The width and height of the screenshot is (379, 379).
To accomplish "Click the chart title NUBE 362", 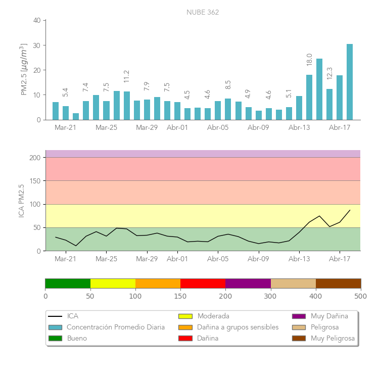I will click(x=203, y=12).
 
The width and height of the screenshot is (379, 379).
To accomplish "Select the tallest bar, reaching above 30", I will click(x=350, y=82).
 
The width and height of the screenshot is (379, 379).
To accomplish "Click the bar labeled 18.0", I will click(x=309, y=97).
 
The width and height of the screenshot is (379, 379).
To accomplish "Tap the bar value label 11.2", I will click(x=127, y=76).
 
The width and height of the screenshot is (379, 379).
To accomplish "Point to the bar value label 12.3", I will click(x=329, y=73).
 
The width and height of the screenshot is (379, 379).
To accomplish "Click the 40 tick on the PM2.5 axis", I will click(x=37, y=21).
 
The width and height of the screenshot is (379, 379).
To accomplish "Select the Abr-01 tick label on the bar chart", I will click(x=177, y=128).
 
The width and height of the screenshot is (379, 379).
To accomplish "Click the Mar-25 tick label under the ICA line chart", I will click(x=106, y=259).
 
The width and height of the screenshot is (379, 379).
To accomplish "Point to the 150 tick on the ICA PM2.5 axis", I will click(x=34, y=181).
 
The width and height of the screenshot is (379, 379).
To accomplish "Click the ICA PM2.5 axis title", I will click(x=22, y=201).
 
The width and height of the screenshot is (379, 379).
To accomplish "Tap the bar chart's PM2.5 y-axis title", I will click(x=23, y=70).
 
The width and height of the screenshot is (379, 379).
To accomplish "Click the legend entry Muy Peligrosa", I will click(x=333, y=338).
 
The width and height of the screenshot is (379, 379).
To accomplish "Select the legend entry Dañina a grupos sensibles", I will click(x=238, y=327).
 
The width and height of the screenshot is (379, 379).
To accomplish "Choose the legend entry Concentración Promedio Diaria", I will click(x=116, y=327).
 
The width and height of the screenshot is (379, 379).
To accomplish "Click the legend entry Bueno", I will click(x=77, y=338).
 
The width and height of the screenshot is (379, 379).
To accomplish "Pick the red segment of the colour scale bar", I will click(x=203, y=283).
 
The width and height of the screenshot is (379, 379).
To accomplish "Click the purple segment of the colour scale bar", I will click(x=248, y=283).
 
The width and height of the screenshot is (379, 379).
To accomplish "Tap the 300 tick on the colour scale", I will click(x=271, y=296).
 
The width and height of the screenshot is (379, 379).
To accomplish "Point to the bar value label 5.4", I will click(x=66, y=92).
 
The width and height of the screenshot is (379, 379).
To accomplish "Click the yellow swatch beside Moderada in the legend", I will click(x=185, y=316).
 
